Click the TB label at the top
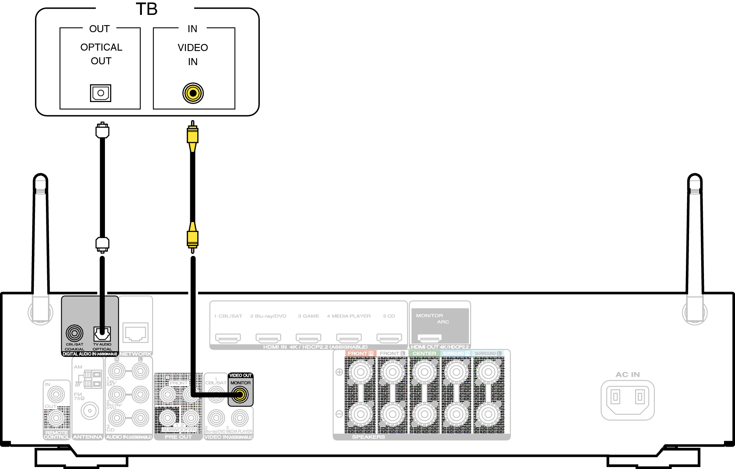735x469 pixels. pyautogui.click(x=147, y=9)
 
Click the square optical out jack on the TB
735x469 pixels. pyautogui.click(x=101, y=93)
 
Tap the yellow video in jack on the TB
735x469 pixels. pyautogui.click(x=193, y=93)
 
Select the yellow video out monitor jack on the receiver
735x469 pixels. pyautogui.click(x=240, y=394)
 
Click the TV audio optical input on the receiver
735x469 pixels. pyautogui.click(x=102, y=334)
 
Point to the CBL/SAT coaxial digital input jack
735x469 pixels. pyautogui.click(x=74, y=334)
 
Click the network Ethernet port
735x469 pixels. pyautogui.click(x=135, y=333)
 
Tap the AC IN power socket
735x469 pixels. pyautogui.click(x=627, y=400)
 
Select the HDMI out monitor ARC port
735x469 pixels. pyautogui.click(x=429, y=338)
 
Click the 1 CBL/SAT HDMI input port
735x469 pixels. pyautogui.click(x=228, y=338)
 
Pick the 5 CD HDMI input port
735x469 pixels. pyautogui.click(x=389, y=338)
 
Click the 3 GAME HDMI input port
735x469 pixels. pyautogui.click(x=309, y=338)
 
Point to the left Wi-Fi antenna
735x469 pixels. pyautogui.click(x=40, y=243)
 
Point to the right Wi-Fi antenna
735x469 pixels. pyautogui.click(x=695, y=243)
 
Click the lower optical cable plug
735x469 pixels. pyautogui.click(x=102, y=244)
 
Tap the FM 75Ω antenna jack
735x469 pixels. pyautogui.click(x=90, y=411)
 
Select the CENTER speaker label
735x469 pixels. pyautogui.click(x=424, y=354)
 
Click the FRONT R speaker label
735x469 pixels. pyautogui.click(x=360, y=354)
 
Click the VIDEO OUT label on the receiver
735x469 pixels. pyautogui.click(x=240, y=376)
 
